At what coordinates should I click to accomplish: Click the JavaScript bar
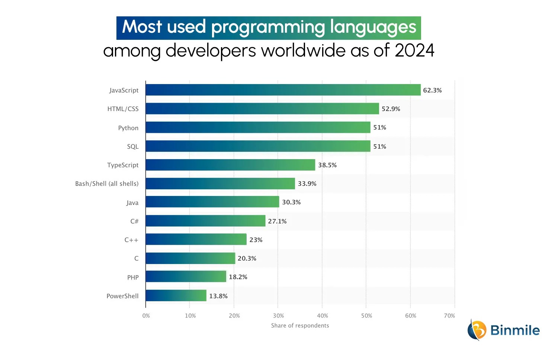tap(283, 90)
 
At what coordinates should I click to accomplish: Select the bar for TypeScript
tap(230, 165)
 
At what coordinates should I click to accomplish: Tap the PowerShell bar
tap(176, 296)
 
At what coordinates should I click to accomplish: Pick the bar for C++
tap(196, 240)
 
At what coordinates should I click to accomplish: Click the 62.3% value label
tap(432, 90)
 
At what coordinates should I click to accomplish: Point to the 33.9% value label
tap(307, 184)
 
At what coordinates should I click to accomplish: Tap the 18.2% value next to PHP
tap(238, 277)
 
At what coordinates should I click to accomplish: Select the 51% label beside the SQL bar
tap(379, 147)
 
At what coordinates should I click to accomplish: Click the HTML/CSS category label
tap(123, 109)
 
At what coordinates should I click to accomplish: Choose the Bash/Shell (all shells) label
tap(107, 184)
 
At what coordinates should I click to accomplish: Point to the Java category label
tap(132, 203)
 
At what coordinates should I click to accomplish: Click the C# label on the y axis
tap(134, 221)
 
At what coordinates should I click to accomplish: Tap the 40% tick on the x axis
tap(323, 316)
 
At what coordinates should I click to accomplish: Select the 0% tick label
tap(146, 316)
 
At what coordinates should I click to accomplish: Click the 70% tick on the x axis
tap(449, 316)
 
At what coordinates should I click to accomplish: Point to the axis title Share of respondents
tap(300, 325)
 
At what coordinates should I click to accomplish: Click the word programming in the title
tap(268, 28)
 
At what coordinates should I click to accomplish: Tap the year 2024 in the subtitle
tap(414, 51)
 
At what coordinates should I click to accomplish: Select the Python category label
tap(128, 128)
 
